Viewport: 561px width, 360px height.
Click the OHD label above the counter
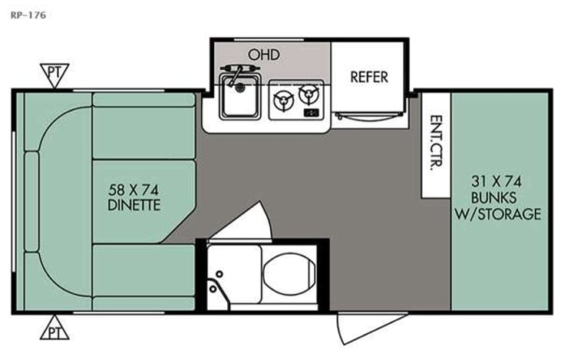pyautogui.click(x=262, y=54)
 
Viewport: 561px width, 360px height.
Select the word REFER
pyautogui.click(x=369, y=77)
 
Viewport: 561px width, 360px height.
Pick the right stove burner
pyautogui.click(x=309, y=94)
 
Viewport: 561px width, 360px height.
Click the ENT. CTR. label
pyautogui.click(x=436, y=144)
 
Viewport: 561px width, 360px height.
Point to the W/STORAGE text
pyautogui.click(x=500, y=213)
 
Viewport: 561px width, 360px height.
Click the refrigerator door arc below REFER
pyautogui.click(x=366, y=116)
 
